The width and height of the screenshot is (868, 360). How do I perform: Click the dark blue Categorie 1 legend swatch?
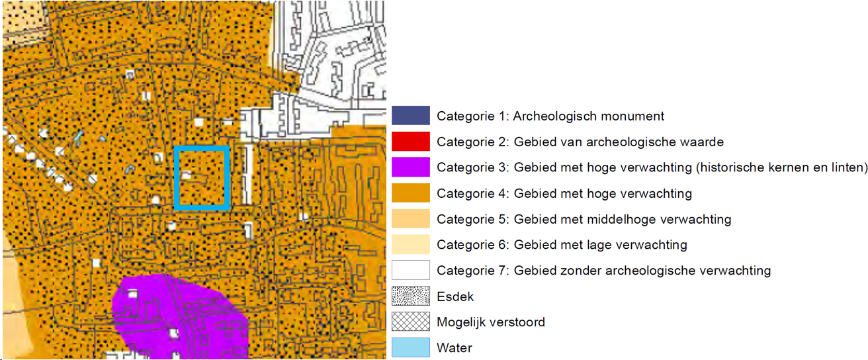tap(410, 116)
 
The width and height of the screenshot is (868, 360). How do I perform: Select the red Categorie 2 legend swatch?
tap(410, 142)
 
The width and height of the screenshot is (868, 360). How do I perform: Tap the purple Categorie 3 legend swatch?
tap(410, 167)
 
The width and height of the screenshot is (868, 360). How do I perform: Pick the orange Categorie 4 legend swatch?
tap(410, 193)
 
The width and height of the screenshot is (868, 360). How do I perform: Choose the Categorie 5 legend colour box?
tap(410, 219)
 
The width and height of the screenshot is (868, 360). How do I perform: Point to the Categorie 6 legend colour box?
tap(410, 245)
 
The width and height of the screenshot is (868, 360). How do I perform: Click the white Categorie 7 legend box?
tap(410, 271)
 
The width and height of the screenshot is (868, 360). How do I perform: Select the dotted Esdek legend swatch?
tap(410, 296)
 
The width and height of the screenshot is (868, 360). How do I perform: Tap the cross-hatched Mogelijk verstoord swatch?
tap(410, 322)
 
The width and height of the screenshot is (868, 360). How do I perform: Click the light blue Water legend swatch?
tap(410, 347)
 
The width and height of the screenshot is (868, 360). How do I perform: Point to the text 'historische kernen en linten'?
tap(782, 167)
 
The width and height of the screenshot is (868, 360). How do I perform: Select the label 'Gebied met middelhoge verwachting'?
tap(623, 219)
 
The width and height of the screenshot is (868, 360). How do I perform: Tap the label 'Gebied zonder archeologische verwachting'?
tap(642, 271)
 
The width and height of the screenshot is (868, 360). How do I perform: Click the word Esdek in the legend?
tap(455, 296)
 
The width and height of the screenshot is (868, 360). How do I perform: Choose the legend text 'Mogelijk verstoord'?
tap(491, 322)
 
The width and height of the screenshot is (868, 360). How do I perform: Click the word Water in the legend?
tap(455, 348)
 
